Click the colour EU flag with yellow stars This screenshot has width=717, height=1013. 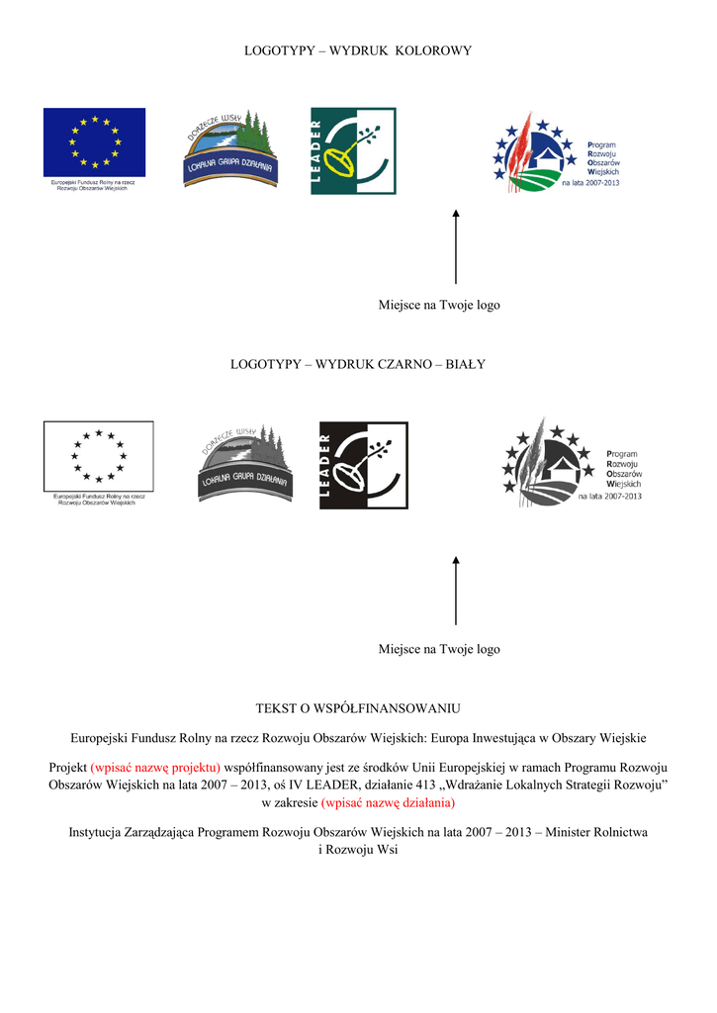[x=94, y=142]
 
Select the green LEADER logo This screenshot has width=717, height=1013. [x=353, y=150]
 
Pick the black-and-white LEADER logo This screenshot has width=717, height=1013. [x=363, y=465]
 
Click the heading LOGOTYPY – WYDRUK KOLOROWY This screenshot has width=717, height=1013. [x=358, y=50]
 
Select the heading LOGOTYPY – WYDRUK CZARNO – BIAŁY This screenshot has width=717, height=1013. [x=358, y=364]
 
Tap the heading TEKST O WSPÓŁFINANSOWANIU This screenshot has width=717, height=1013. [x=358, y=708]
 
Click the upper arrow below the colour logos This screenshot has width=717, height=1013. [x=456, y=246]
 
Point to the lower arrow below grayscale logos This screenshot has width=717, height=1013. [x=456, y=590]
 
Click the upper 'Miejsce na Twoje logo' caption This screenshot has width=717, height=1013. [x=439, y=305]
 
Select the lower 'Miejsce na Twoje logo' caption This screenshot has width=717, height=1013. [x=439, y=649]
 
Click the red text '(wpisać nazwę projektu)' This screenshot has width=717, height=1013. [x=155, y=767]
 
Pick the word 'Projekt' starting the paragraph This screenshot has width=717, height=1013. [x=67, y=767]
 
